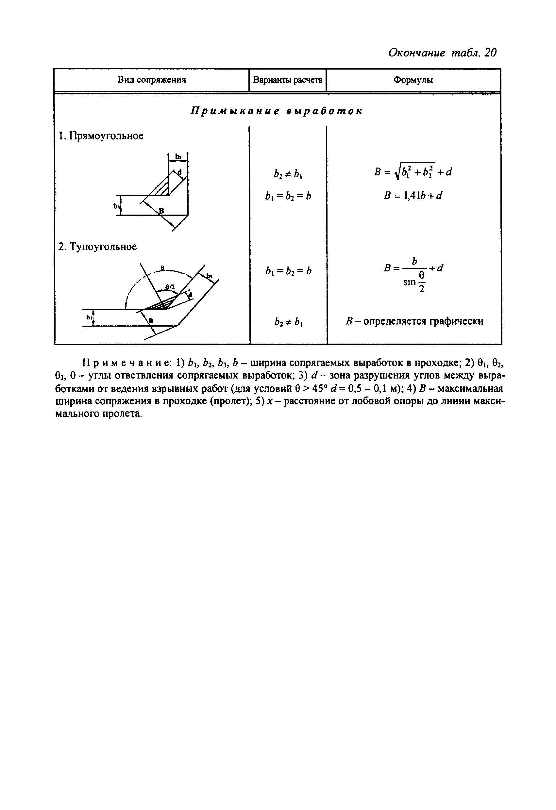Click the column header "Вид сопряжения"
point(151,80)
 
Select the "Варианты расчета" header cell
point(287,80)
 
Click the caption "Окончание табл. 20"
point(442,53)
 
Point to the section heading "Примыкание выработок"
point(277,111)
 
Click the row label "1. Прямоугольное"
point(101,136)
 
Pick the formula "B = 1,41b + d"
point(413,196)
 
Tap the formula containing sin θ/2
point(414,275)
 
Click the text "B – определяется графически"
point(414,321)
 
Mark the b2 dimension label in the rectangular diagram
point(178,156)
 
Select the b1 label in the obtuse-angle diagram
point(89,317)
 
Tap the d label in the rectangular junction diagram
point(180,172)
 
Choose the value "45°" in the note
point(315,388)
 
